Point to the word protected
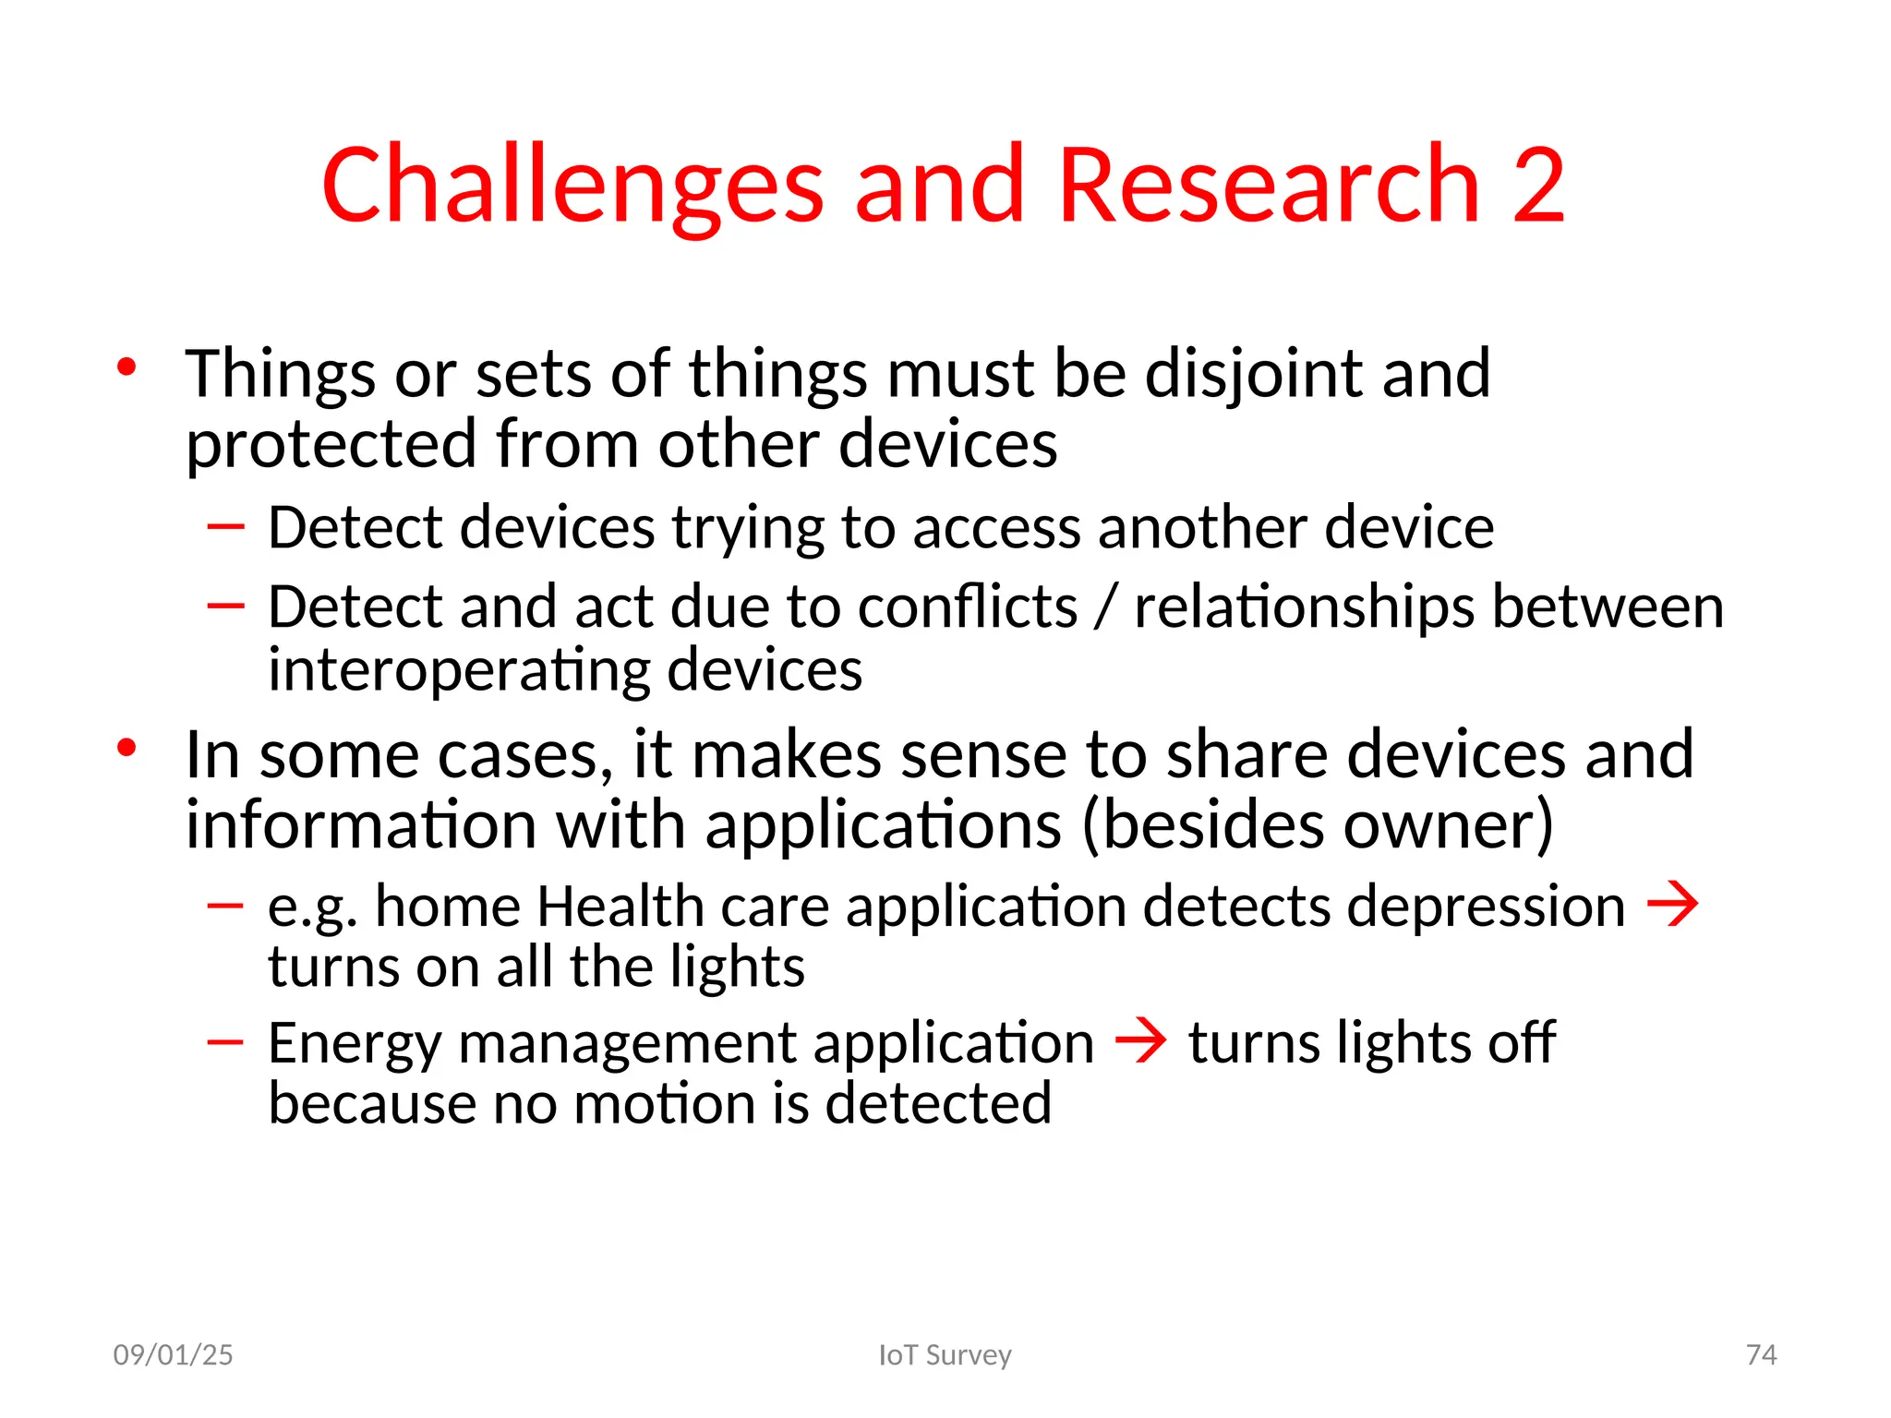(331, 445)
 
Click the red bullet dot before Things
(127, 368)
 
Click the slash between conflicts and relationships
(1105, 608)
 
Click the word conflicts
(967, 608)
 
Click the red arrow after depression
(1672, 905)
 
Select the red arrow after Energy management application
(1140, 1042)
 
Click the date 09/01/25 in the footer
(173, 1354)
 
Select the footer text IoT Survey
(945, 1354)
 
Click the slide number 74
(1761, 1354)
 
